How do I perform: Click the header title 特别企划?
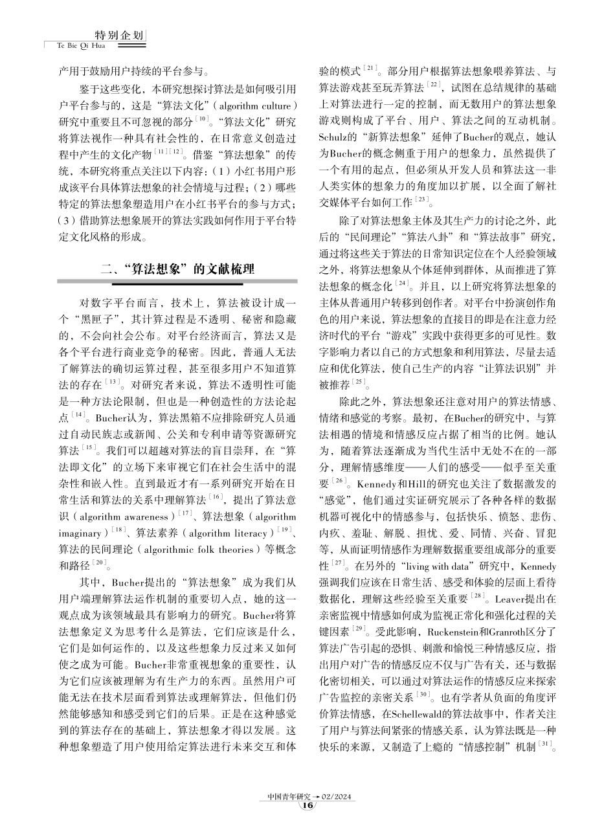pyautogui.click(x=119, y=36)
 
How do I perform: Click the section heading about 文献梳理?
pyautogui.click(x=177, y=271)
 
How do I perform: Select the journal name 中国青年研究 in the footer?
pyautogui.click(x=289, y=796)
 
